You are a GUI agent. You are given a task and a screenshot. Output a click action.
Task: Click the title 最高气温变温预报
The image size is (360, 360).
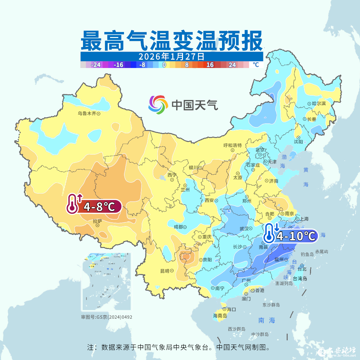(172, 41)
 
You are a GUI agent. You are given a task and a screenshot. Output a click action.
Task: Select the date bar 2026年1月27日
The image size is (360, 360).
(172, 56)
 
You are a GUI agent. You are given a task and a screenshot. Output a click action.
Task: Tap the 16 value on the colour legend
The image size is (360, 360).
(210, 65)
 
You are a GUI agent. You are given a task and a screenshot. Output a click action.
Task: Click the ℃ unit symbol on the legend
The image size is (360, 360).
(256, 65)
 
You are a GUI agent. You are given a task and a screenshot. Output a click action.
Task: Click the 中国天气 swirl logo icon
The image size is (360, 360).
(158, 105)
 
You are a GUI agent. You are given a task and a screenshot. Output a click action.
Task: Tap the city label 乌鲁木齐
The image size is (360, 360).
(87, 114)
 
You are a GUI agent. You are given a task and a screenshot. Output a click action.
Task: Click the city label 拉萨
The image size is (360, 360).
(97, 221)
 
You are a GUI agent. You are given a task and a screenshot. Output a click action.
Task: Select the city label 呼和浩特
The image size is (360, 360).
(232, 145)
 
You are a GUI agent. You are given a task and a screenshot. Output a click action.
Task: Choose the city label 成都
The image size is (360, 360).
(178, 227)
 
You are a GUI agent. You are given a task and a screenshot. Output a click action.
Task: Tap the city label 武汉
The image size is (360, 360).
(244, 229)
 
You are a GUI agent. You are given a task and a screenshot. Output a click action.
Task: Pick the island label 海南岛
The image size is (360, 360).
(220, 315)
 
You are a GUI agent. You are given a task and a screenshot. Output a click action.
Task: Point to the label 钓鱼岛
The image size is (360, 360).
(307, 254)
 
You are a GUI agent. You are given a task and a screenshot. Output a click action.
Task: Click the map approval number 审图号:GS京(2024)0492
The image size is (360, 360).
(107, 317)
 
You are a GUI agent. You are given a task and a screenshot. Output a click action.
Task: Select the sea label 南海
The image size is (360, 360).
(267, 320)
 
